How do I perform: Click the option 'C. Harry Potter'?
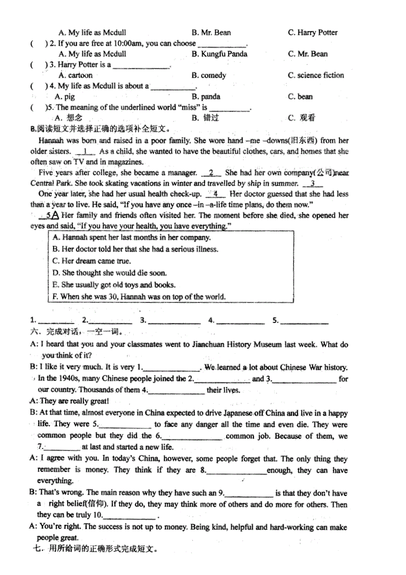pyautogui.click(x=312, y=32)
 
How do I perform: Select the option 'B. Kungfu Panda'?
pyautogui.click(x=219, y=54)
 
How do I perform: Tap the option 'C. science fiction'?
pyautogui.click(x=316, y=75)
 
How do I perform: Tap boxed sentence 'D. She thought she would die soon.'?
pyautogui.click(x=109, y=273)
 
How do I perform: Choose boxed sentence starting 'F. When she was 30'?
pyautogui.click(x=139, y=297)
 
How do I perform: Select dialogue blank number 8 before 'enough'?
pyautogui.click(x=236, y=471)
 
